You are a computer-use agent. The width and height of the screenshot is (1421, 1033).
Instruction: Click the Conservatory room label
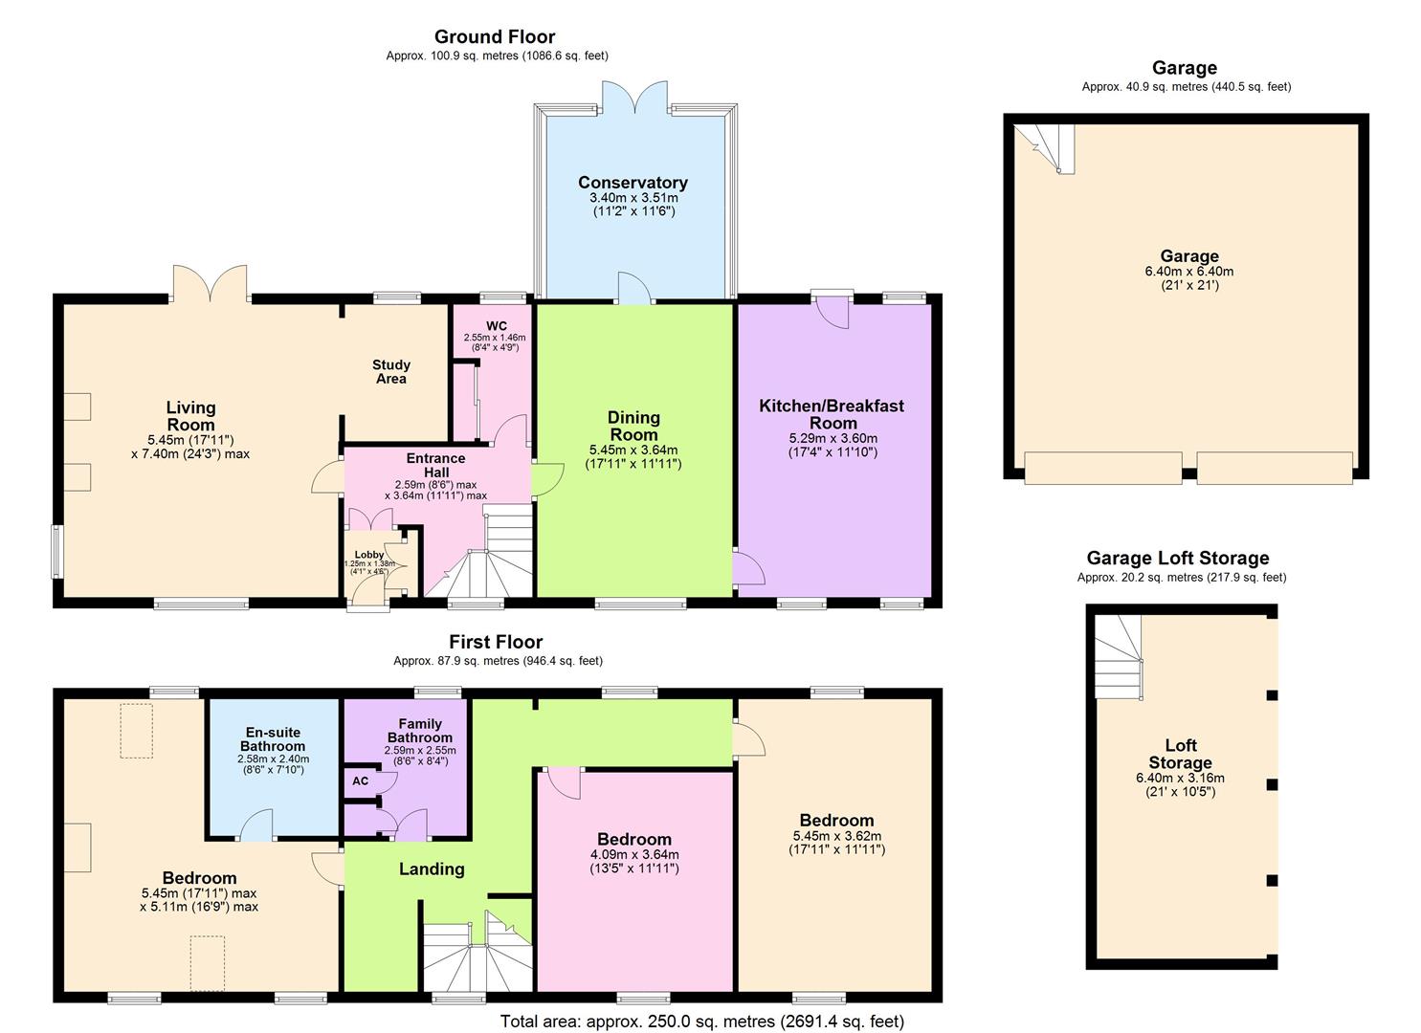pos(633,183)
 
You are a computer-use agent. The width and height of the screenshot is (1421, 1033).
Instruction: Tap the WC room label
pos(496,326)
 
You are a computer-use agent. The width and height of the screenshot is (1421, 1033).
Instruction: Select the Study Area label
pos(390,371)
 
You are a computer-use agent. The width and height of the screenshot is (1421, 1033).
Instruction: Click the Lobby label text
pos(369,555)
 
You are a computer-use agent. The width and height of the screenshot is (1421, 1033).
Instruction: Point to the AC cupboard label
pos(360,780)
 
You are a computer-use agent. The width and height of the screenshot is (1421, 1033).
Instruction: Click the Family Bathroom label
pos(419,731)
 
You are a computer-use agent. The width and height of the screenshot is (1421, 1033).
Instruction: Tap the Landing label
pos(432,868)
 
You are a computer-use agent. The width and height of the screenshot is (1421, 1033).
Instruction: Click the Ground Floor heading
pos(495,37)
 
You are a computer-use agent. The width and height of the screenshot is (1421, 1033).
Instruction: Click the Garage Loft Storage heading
pos(1177,558)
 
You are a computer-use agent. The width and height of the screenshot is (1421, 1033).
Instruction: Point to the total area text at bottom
pos(701,1022)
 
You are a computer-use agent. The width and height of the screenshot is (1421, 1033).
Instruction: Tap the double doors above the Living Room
pos(211,284)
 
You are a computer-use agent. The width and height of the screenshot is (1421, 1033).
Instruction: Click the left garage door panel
pos(1102,468)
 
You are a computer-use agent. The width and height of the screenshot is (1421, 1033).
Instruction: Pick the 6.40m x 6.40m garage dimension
pos(1189,272)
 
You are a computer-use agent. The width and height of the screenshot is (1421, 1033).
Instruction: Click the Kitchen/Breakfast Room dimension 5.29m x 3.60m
pos(831,438)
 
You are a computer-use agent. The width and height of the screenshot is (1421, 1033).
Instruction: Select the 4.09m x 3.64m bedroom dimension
pos(634,855)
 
